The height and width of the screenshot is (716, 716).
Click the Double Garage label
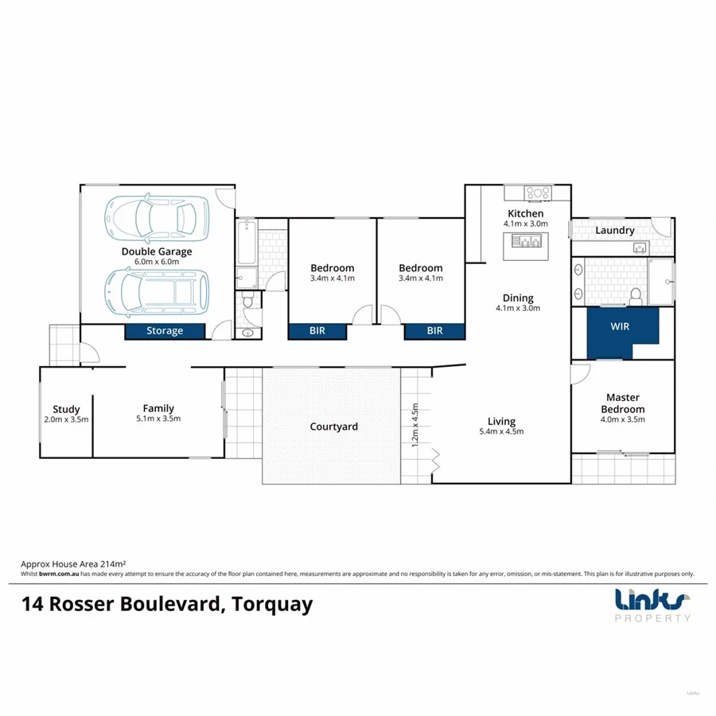pyautogui.click(x=157, y=252)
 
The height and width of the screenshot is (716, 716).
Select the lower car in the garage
pyautogui.click(x=157, y=292)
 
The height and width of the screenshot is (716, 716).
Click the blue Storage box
pyautogui.click(x=165, y=331)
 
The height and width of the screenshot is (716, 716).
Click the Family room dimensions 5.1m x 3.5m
pyautogui.click(x=158, y=419)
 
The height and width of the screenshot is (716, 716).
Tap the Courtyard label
pyautogui.click(x=333, y=427)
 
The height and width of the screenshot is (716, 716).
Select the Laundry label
pyautogui.click(x=615, y=231)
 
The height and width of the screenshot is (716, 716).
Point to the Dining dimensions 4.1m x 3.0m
pyautogui.click(x=518, y=308)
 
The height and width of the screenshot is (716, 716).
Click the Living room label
pyautogui.click(x=501, y=422)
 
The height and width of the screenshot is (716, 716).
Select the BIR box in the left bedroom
pyautogui.click(x=317, y=331)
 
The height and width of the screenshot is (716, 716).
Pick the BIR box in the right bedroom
pyautogui.click(x=434, y=331)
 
